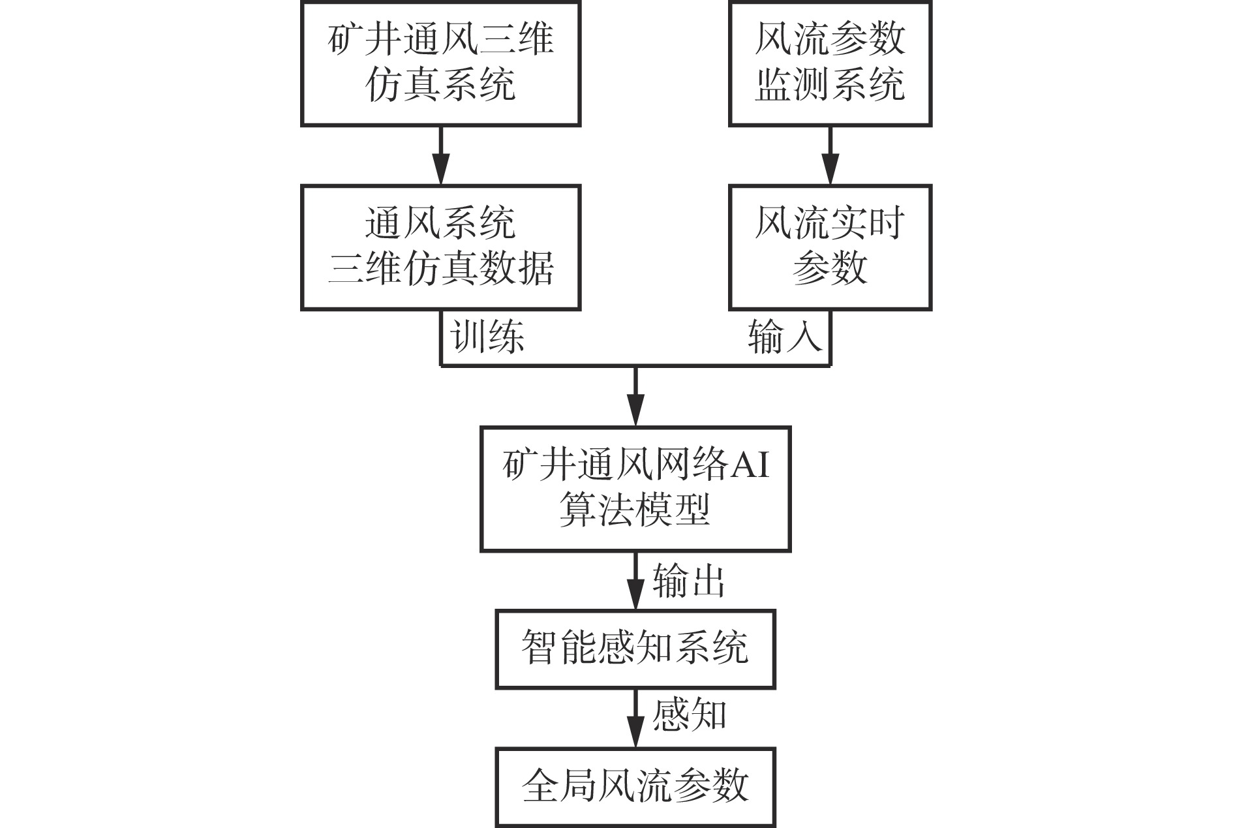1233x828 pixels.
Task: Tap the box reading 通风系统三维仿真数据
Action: click(440, 247)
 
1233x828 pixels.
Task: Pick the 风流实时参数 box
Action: click(830, 247)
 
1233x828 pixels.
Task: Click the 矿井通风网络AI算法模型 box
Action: click(635, 489)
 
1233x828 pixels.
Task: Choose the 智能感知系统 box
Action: click(635, 649)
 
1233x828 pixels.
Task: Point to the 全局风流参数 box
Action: click(635, 786)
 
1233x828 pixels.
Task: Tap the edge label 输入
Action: click(784, 337)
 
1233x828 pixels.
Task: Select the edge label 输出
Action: click(689, 581)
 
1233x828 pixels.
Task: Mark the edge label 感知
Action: click(689, 715)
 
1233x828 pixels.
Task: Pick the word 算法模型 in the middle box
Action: click(634, 510)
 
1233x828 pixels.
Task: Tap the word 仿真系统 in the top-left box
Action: click(440, 85)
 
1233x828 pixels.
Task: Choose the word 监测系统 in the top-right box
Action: click(830, 85)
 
